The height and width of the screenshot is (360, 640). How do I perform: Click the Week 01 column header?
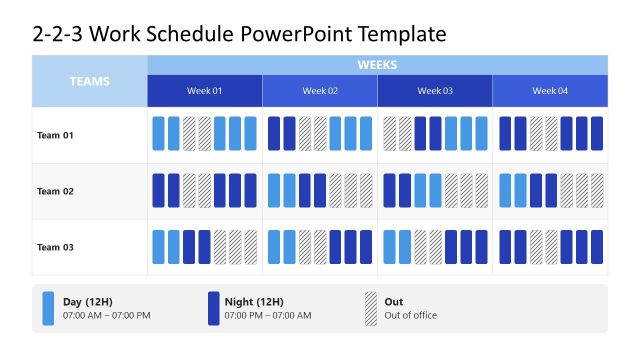[x=205, y=91]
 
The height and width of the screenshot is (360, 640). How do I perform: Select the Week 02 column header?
[x=320, y=91]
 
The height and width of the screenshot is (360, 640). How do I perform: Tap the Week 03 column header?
[x=435, y=91]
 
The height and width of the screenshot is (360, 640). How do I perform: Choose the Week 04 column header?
[x=550, y=91]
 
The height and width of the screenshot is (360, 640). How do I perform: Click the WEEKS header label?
[x=377, y=65]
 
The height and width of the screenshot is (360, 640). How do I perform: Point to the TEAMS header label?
[x=90, y=81]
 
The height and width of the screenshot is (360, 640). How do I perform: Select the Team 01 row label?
[x=55, y=135]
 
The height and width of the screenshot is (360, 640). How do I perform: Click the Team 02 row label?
[x=55, y=191]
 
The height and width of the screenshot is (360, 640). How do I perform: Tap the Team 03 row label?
[x=55, y=247]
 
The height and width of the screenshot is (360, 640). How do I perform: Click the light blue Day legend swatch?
[x=49, y=308]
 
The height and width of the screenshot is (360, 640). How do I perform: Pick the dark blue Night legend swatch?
[x=213, y=308]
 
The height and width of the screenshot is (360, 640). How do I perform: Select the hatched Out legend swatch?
[x=371, y=308]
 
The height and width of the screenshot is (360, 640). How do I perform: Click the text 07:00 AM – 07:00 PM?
[x=106, y=316]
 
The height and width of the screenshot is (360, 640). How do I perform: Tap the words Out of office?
[x=412, y=316]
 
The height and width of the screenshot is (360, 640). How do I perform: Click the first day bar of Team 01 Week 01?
[x=158, y=134]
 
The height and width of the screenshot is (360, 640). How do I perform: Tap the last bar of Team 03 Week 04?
[x=597, y=246]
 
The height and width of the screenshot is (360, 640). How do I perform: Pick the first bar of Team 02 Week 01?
[x=158, y=190]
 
